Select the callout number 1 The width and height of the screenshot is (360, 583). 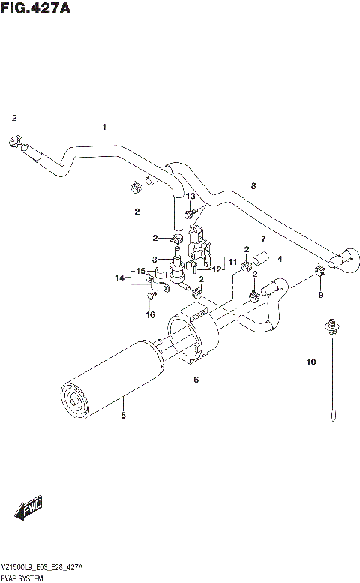click(104, 127)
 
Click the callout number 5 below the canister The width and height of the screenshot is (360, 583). click(123, 414)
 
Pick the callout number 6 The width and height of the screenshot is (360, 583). click(196, 380)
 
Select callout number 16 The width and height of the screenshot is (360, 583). click(150, 315)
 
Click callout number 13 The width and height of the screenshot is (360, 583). click(190, 197)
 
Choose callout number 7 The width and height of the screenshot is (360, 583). click(263, 239)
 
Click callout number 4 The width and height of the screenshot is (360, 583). click(280, 260)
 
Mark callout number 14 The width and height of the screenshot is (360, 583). click(118, 278)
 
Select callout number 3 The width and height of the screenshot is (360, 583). click(154, 260)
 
